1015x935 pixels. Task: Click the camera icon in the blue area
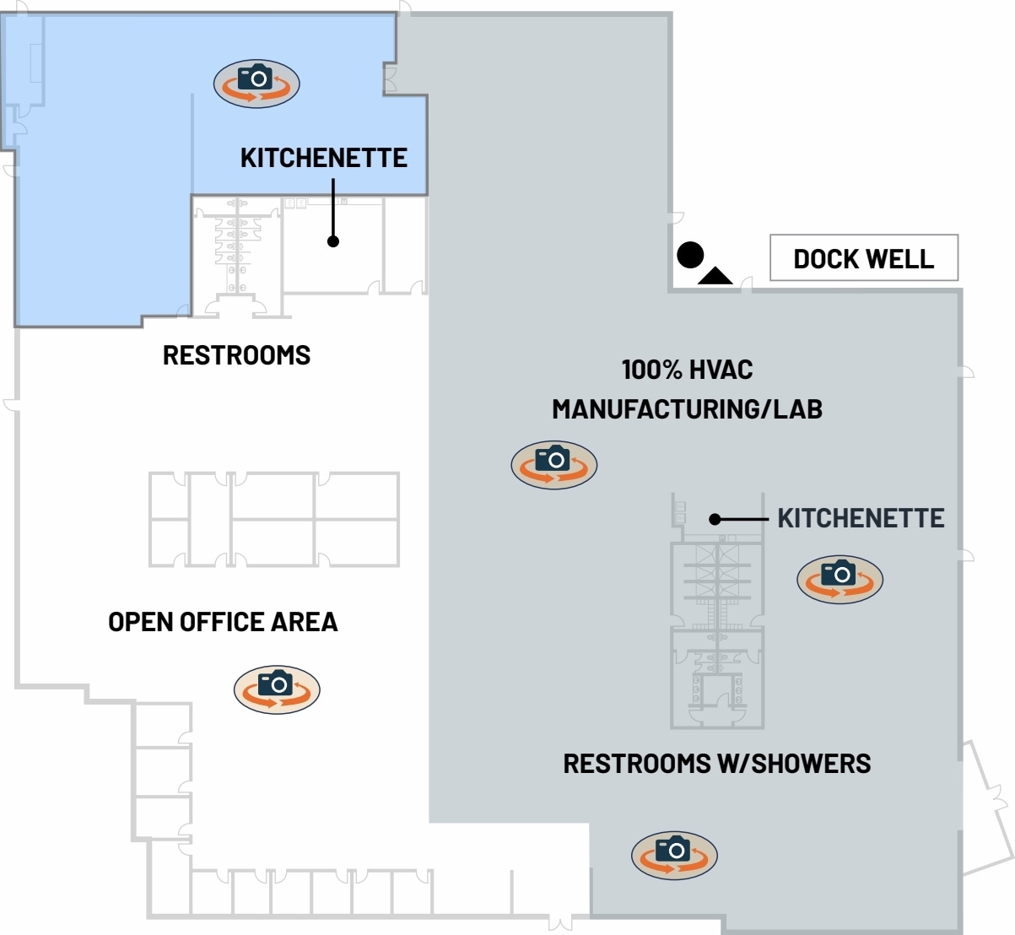(256, 84)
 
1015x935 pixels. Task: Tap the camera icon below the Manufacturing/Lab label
(554, 465)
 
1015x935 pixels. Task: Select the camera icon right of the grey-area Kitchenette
(840, 580)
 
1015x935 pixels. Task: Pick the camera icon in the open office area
(277, 689)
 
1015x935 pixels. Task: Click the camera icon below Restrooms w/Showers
(674, 854)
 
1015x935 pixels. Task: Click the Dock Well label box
(864, 258)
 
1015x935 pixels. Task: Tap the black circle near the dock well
(690, 254)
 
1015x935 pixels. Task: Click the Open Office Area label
(223, 622)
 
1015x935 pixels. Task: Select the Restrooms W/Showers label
(717, 764)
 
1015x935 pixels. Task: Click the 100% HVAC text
(687, 370)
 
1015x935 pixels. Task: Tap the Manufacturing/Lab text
(687, 409)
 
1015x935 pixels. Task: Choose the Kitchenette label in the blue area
(323, 158)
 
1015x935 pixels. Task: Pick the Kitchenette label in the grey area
(861, 518)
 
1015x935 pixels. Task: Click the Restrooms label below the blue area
(236, 355)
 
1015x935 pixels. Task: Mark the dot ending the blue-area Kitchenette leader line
(333, 241)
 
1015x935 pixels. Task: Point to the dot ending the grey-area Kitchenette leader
(715, 519)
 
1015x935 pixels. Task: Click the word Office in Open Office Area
(223, 622)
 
